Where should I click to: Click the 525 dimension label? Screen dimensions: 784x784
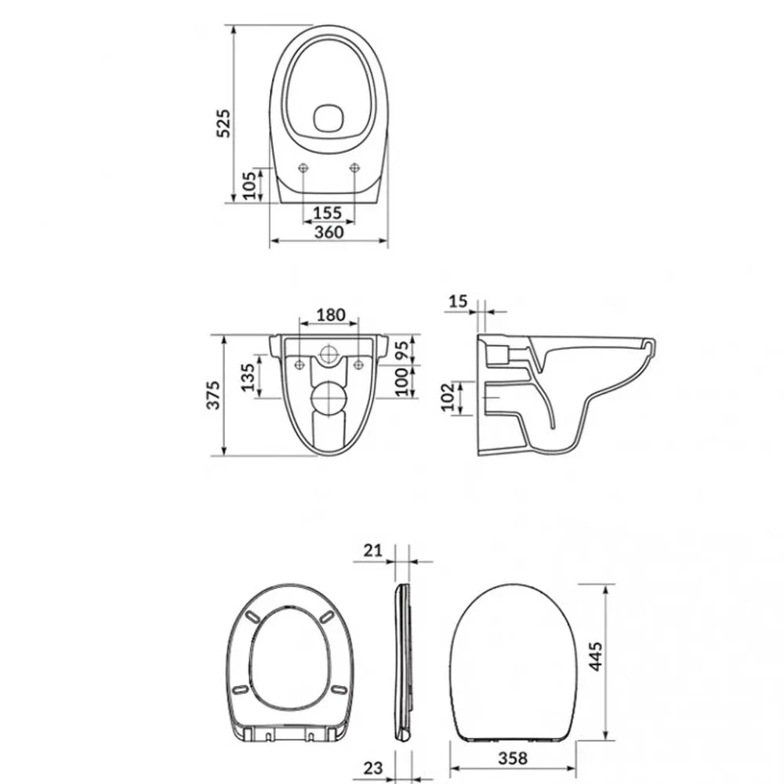(x=223, y=123)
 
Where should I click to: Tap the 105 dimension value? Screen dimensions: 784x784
(x=249, y=186)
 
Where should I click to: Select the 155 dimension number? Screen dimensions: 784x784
(x=328, y=213)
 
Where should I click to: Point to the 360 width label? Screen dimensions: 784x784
(x=329, y=232)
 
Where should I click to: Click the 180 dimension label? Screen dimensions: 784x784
(x=331, y=315)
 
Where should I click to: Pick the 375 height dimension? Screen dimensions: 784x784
(x=213, y=395)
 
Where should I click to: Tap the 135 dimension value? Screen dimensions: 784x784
(x=248, y=377)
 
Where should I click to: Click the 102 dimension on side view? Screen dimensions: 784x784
(x=448, y=397)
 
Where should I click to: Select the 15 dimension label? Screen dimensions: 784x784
(x=458, y=302)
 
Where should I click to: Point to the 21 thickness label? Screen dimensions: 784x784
(x=372, y=550)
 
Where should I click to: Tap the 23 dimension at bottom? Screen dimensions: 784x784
(x=372, y=768)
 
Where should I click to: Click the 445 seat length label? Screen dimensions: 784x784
(x=595, y=656)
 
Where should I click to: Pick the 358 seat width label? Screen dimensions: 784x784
(x=513, y=758)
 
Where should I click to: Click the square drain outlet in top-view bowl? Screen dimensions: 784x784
(x=328, y=118)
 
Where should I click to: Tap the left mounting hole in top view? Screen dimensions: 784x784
(x=303, y=168)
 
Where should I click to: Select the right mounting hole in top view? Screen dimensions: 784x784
(x=354, y=168)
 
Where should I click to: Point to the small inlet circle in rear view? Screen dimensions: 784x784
(x=328, y=354)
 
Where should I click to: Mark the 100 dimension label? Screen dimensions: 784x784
(x=402, y=382)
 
